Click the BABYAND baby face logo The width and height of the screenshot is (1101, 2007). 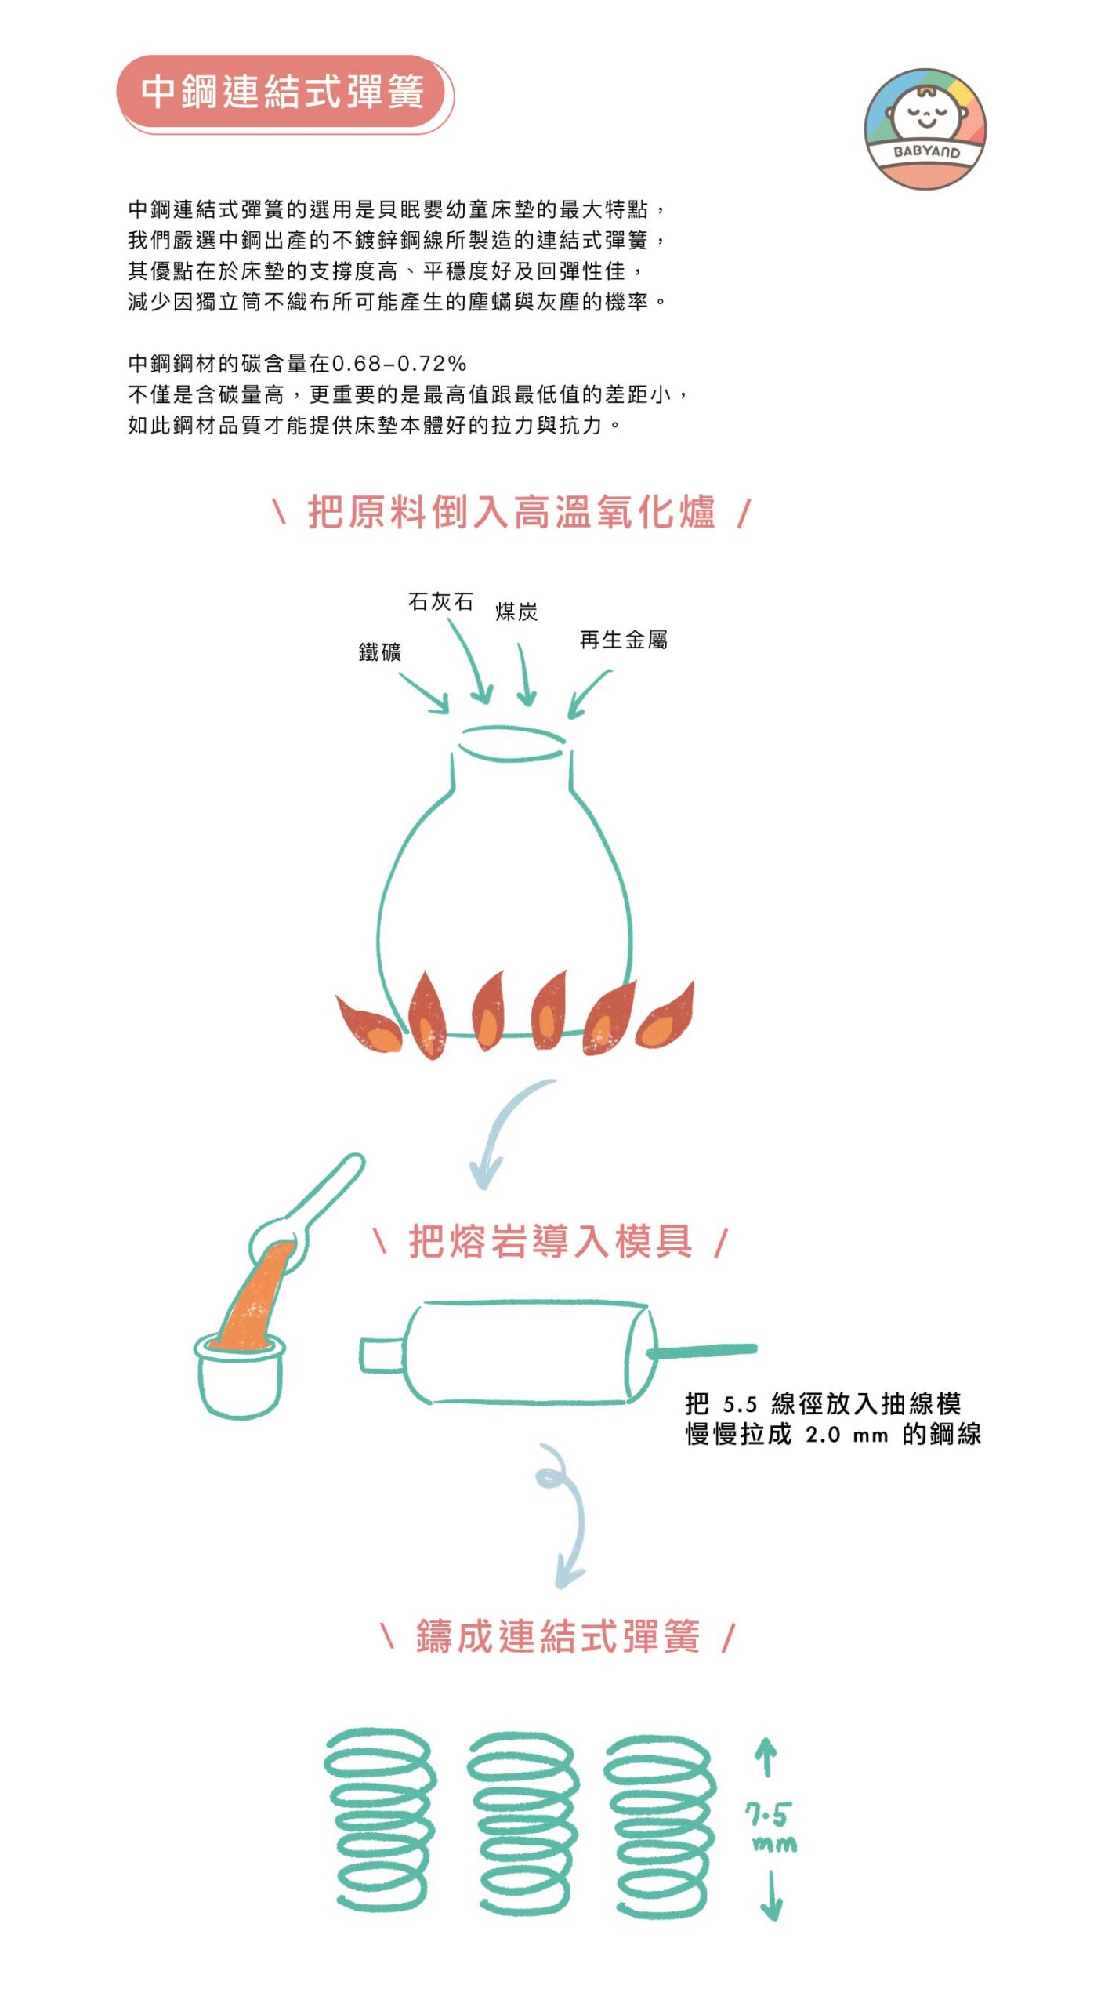pyautogui.click(x=925, y=129)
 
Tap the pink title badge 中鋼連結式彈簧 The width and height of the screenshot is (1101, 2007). pyautogui.click(x=283, y=92)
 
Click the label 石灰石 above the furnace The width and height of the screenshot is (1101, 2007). pyautogui.click(x=440, y=601)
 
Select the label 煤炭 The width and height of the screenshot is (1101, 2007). pyautogui.click(x=516, y=612)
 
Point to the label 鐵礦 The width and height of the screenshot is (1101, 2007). pyautogui.click(x=380, y=651)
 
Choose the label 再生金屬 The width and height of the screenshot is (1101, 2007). pyautogui.click(x=623, y=640)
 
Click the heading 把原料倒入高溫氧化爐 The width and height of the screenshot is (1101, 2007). pyautogui.click(x=511, y=512)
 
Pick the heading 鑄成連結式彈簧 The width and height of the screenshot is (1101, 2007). pyautogui.click(x=557, y=1637)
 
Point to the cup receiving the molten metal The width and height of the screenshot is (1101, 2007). pyautogui.click(x=239, y=1374)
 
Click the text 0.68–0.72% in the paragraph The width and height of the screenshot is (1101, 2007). pyautogui.click(x=399, y=364)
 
